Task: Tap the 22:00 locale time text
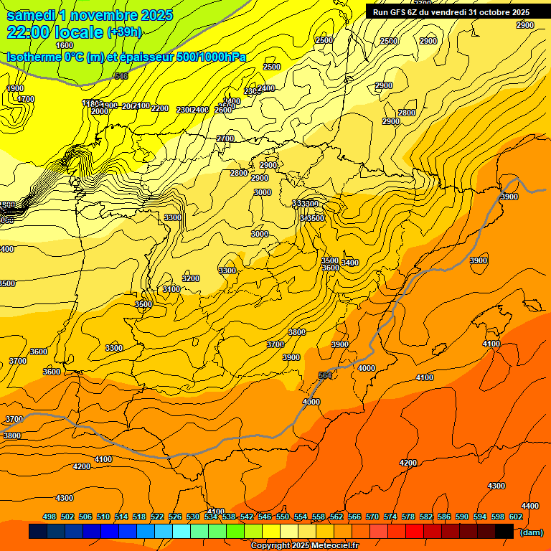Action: click(x=55, y=32)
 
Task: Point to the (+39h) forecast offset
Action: click(x=124, y=32)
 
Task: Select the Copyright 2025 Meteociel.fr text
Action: click(x=305, y=546)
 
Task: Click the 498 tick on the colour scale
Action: click(x=50, y=517)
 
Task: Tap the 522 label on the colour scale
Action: click(x=158, y=517)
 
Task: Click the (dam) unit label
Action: click(x=531, y=532)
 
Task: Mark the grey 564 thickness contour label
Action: click(x=325, y=375)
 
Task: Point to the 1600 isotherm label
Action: click(x=65, y=45)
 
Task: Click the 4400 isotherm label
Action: click(x=529, y=506)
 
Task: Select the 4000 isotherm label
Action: click(x=366, y=368)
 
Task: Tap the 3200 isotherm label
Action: click(x=191, y=278)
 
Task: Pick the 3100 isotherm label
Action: click(x=171, y=289)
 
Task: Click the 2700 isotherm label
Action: click(x=225, y=138)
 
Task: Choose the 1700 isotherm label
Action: click(x=26, y=99)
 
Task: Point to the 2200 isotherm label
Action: click(x=160, y=108)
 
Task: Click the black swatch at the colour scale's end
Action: click(x=504, y=531)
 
